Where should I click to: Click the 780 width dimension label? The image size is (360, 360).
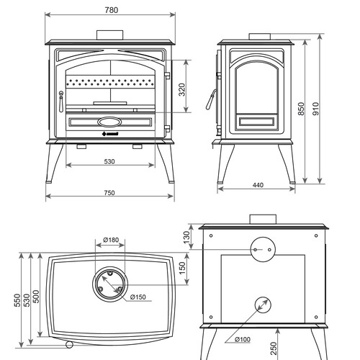coord(112,10)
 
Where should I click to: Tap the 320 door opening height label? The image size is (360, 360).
coord(182,89)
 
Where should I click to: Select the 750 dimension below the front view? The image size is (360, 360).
coord(109,193)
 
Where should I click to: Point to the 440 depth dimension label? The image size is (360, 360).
coord(258,185)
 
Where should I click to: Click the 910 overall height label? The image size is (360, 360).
coord(316,109)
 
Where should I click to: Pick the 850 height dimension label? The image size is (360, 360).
coord(301,109)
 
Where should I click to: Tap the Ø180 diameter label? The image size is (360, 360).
coord(111,240)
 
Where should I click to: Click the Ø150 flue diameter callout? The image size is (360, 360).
coord(138,297)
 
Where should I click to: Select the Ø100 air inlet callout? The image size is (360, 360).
coord(243,339)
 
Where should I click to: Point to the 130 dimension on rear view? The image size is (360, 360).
coord(186,237)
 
